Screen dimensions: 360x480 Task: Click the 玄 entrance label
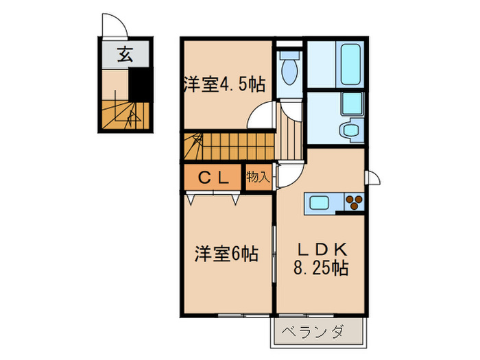(x=124, y=54)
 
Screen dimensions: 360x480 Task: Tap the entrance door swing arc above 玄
(x=114, y=25)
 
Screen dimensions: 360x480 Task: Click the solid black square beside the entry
(x=140, y=85)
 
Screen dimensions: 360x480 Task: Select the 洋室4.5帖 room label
(x=224, y=85)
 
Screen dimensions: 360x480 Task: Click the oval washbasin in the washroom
(x=352, y=130)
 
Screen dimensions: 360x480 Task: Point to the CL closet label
(x=214, y=178)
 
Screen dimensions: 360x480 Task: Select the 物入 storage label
(x=257, y=178)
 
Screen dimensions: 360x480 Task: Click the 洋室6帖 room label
(x=226, y=254)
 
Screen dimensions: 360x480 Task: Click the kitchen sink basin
(x=322, y=203)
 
